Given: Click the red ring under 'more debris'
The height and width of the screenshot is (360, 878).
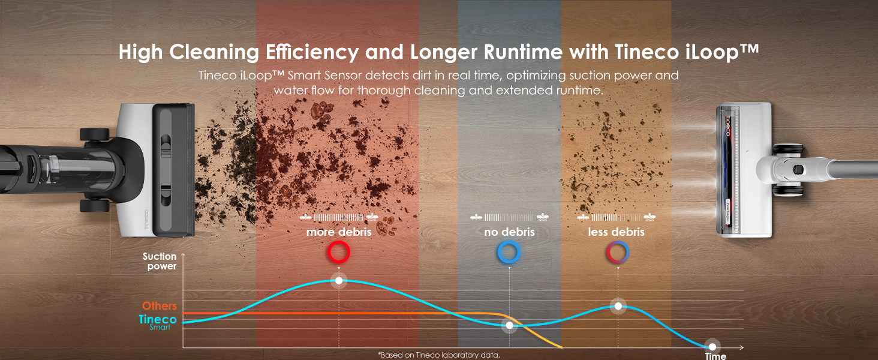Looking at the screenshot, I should tap(338, 253).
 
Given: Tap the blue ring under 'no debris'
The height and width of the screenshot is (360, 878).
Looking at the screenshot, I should tap(509, 253).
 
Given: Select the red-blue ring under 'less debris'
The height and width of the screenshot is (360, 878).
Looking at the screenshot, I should tap(617, 253).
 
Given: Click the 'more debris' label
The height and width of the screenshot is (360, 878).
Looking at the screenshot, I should tap(339, 232).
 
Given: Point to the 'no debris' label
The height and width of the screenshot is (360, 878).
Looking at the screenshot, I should tap(509, 232).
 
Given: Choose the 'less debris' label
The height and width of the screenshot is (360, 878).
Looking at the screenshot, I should tap(617, 232).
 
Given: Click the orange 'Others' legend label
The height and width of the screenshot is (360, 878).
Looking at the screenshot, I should tap(160, 307).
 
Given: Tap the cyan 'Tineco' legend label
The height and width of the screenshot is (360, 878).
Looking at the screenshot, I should tap(158, 320).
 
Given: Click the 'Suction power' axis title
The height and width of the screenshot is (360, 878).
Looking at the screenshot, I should tap(160, 261).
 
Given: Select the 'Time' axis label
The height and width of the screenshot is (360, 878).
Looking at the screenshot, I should tap(715, 356).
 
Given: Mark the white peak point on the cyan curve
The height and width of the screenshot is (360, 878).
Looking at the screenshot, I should tap(339, 280).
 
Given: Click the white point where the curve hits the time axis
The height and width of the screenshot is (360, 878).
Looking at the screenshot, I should tap(712, 347).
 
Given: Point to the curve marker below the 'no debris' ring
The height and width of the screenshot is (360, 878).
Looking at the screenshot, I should tap(509, 325).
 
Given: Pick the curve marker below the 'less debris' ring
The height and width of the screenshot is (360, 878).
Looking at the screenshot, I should tap(618, 306).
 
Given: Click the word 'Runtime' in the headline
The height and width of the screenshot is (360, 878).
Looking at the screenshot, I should tap(515, 52).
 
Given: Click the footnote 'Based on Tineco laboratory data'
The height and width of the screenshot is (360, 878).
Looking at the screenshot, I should tap(438, 355).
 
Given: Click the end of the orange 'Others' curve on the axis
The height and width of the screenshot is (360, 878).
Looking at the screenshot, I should tap(561, 347).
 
